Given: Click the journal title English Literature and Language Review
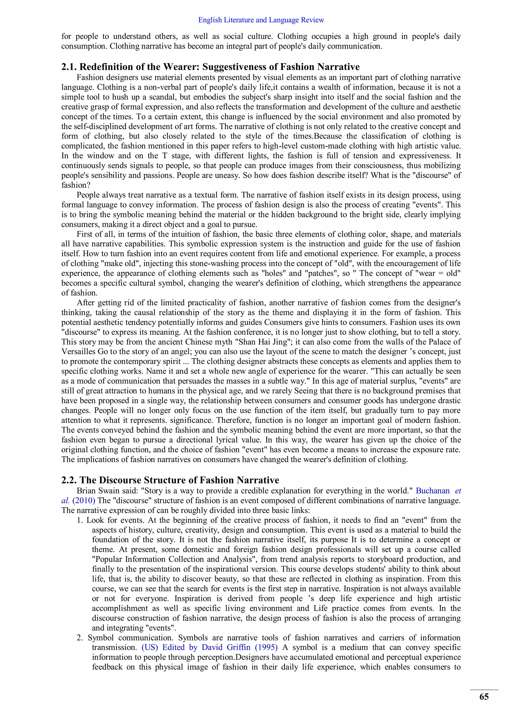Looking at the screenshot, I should point(261,20).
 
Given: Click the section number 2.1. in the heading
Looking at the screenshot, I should point(69,67).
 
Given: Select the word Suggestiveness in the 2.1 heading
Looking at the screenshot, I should point(240,67).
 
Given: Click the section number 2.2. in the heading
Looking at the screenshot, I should point(69,480).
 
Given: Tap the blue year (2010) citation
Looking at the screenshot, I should point(84,500).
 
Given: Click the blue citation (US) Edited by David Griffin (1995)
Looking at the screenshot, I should point(209,647).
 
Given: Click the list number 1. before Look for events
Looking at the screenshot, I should point(80,520).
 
